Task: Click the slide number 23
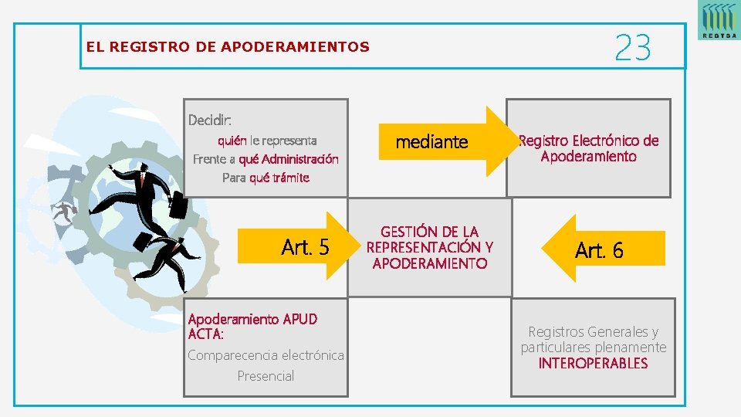[633, 48]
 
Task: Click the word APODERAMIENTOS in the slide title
[295, 47]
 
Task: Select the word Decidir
[209, 120]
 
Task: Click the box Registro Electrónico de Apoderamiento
[588, 148]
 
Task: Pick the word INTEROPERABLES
[593, 363]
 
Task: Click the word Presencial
[266, 376]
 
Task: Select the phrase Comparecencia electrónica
[266, 355]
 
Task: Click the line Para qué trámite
[266, 178]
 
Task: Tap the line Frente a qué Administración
[266, 159]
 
